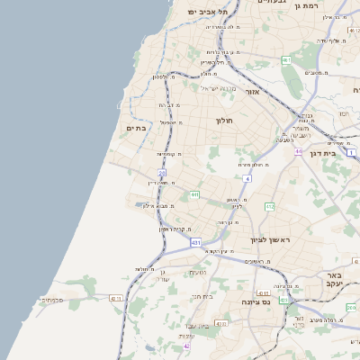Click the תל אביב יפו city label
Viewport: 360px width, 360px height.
click(x=209, y=11)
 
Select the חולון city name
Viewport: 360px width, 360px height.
click(x=224, y=120)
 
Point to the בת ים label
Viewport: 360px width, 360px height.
click(x=135, y=129)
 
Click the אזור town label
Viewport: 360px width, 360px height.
click(x=252, y=92)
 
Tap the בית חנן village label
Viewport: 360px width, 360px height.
click(x=202, y=296)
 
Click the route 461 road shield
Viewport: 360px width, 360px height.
click(x=286, y=60)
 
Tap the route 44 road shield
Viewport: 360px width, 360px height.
click(x=298, y=151)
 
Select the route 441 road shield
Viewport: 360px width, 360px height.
click(x=194, y=193)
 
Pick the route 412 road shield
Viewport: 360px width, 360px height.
click(x=269, y=207)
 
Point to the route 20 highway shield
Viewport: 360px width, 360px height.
click(x=162, y=172)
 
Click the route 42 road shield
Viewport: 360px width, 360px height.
click(x=187, y=346)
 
